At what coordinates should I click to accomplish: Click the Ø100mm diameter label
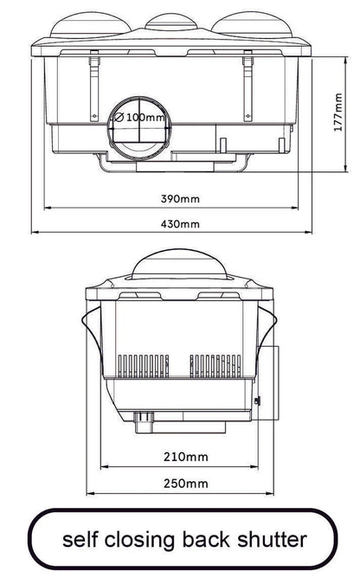(x=138, y=116)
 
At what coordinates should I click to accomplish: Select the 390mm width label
(x=180, y=198)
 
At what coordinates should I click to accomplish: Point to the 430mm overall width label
(x=180, y=224)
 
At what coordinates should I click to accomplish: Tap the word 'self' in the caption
(x=79, y=540)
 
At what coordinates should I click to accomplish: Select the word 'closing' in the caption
(x=139, y=540)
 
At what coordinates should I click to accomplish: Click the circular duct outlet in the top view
(x=138, y=134)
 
